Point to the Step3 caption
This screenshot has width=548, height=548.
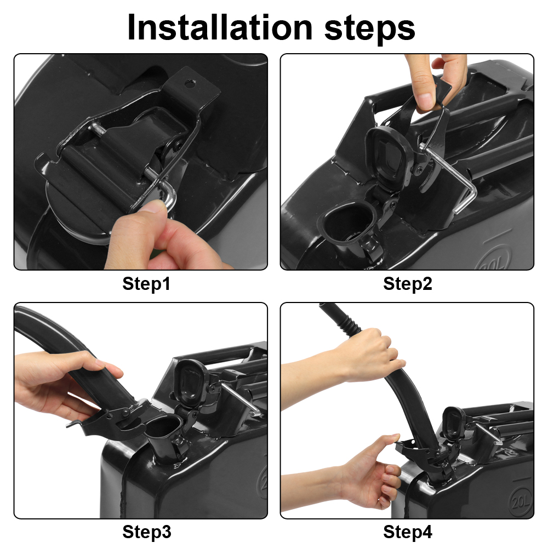tap(146, 532)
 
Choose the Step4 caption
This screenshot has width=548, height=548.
tap(408, 532)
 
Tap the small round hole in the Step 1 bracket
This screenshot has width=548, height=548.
tap(190, 83)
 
